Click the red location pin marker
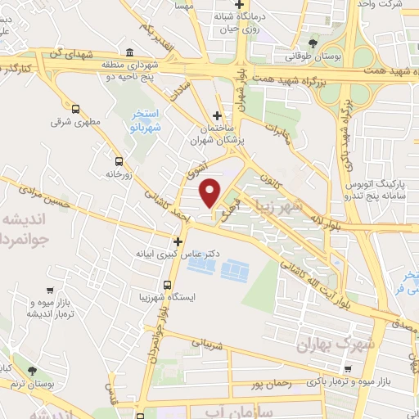click(211, 192)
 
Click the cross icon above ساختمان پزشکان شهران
click(217, 115)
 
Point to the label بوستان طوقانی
click(314, 57)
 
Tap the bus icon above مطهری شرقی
click(76, 109)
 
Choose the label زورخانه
click(119, 174)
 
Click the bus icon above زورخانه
click(119, 160)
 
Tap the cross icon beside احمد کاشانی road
click(178, 241)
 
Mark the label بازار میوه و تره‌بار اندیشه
click(52, 309)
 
